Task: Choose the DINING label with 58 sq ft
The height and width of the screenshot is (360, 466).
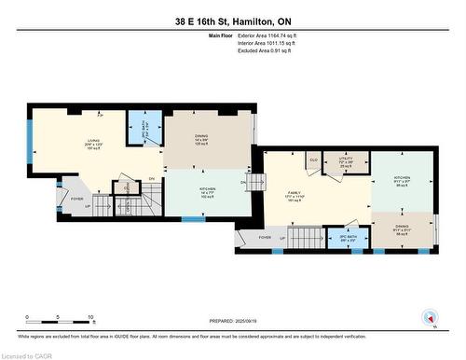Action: [402, 231]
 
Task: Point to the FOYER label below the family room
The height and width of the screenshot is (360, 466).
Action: [265, 237]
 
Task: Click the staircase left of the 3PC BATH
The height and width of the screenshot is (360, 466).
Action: [306, 239]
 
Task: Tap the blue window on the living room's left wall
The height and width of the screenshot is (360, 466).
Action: [29, 141]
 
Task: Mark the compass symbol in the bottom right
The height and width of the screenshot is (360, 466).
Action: [430, 318]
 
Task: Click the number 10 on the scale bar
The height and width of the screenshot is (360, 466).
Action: [89, 317]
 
